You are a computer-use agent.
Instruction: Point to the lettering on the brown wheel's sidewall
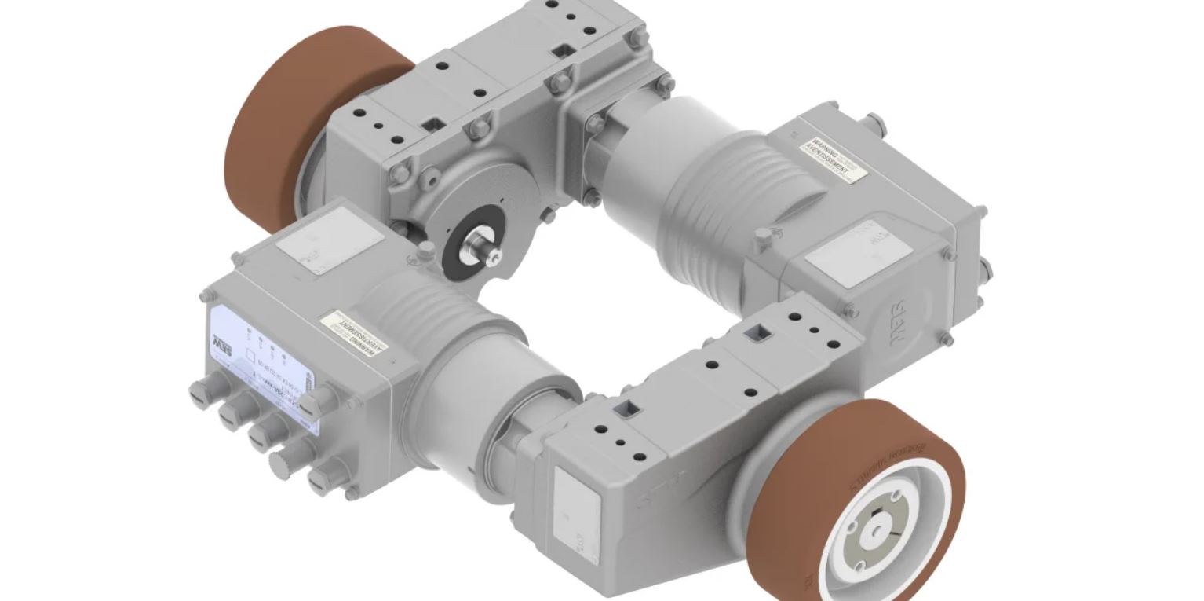pos(887,464)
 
